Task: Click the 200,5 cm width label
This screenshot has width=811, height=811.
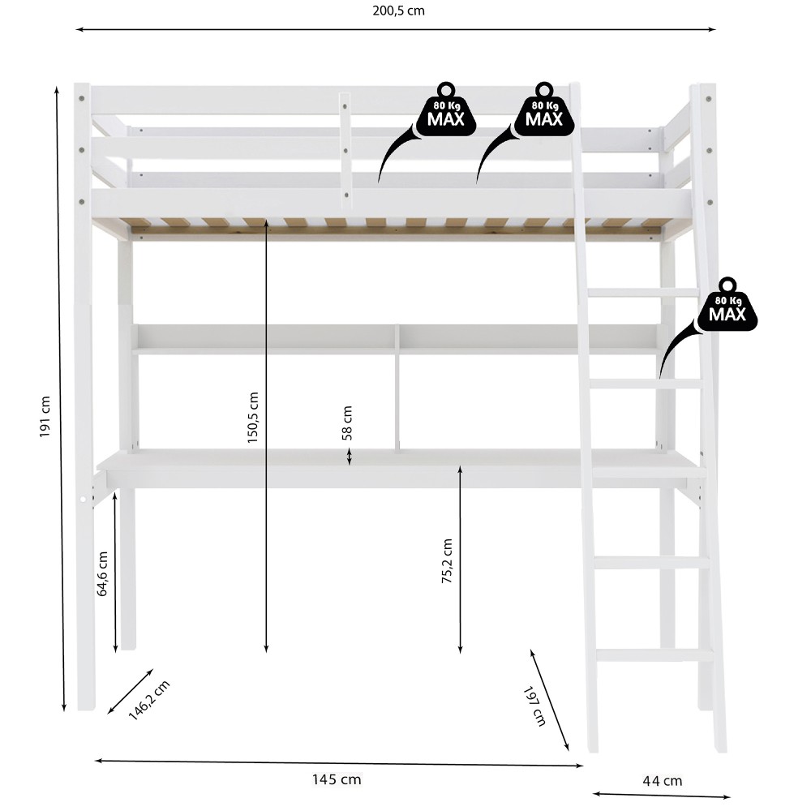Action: pos(397,11)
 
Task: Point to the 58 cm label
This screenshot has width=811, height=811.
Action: pos(348,423)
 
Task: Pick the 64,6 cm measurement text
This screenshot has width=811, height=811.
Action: pos(103,573)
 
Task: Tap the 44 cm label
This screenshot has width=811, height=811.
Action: pos(662,781)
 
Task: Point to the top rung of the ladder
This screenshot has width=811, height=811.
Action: pos(642,292)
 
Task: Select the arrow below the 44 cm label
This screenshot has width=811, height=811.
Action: pos(661,796)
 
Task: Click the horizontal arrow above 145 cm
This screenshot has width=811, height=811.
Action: pos(339,762)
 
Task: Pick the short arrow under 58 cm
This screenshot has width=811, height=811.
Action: pos(349,457)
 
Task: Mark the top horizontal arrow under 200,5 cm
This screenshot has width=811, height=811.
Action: pos(396,29)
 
